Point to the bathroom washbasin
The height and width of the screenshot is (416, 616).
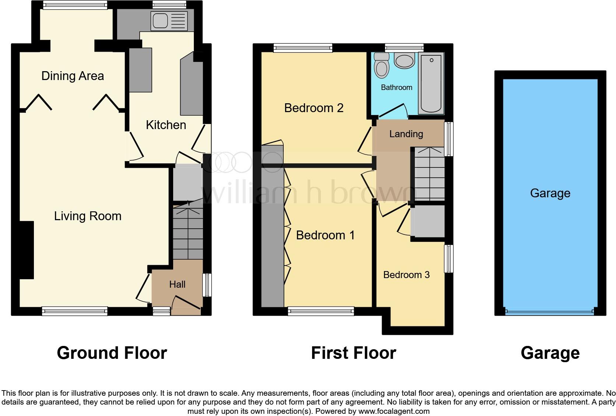[404, 61]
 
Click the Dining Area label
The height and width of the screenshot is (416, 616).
[73, 76]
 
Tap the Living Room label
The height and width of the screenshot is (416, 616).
[88, 216]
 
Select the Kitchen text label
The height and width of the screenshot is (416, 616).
[166, 125]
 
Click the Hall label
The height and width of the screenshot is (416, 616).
[177, 284]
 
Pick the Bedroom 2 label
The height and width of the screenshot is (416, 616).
[314, 108]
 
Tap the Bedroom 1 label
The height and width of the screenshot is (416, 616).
[325, 235]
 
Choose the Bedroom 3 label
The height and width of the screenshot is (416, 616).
[406, 275]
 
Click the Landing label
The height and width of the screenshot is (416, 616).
[406, 134]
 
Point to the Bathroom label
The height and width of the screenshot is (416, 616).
[396, 87]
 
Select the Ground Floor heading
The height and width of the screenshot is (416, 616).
[112, 353]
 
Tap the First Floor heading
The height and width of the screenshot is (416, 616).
[353, 353]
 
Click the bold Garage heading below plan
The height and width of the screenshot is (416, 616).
[550, 353]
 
